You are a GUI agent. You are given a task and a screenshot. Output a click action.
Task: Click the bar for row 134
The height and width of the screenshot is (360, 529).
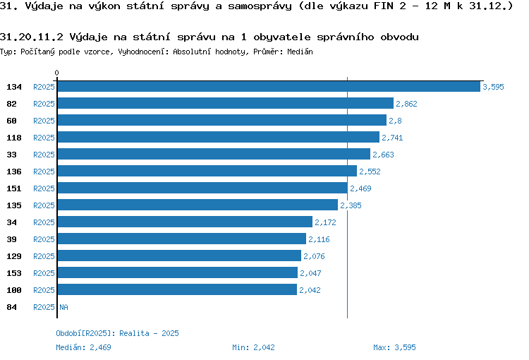[x=268, y=87]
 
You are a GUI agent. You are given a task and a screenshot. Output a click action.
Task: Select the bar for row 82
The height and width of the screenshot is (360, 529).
[x=225, y=104]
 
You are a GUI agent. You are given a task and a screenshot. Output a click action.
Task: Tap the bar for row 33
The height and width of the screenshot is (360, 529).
[x=213, y=155]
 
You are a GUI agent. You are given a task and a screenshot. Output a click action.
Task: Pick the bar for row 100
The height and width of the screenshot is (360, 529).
[x=176, y=290]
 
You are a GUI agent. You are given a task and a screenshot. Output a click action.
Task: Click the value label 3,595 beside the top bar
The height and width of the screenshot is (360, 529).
[x=493, y=87]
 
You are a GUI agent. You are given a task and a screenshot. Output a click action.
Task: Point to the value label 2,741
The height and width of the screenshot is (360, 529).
[x=392, y=138]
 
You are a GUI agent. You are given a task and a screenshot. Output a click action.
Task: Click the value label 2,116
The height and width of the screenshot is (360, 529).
[x=319, y=239]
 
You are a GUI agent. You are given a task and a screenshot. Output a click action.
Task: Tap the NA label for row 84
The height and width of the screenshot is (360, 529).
[x=63, y=307]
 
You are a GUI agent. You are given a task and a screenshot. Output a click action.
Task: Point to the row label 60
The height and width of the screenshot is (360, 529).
[x=12, y=121]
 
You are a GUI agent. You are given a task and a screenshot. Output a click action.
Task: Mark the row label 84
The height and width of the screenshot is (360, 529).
[x=12, y=307]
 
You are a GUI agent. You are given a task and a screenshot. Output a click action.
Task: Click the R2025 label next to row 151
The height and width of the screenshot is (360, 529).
[x=44, y=188]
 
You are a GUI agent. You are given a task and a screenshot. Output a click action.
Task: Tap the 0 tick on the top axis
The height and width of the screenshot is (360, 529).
[x=57, y=73]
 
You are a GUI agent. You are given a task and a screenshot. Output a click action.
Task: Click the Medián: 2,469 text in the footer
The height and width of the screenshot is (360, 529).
[x=83, y=347]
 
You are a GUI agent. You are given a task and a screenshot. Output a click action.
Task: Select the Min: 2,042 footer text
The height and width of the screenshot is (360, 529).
[x=253, y=347]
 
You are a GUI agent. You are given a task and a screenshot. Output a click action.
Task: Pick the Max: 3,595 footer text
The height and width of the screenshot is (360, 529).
[x=394, y=347]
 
